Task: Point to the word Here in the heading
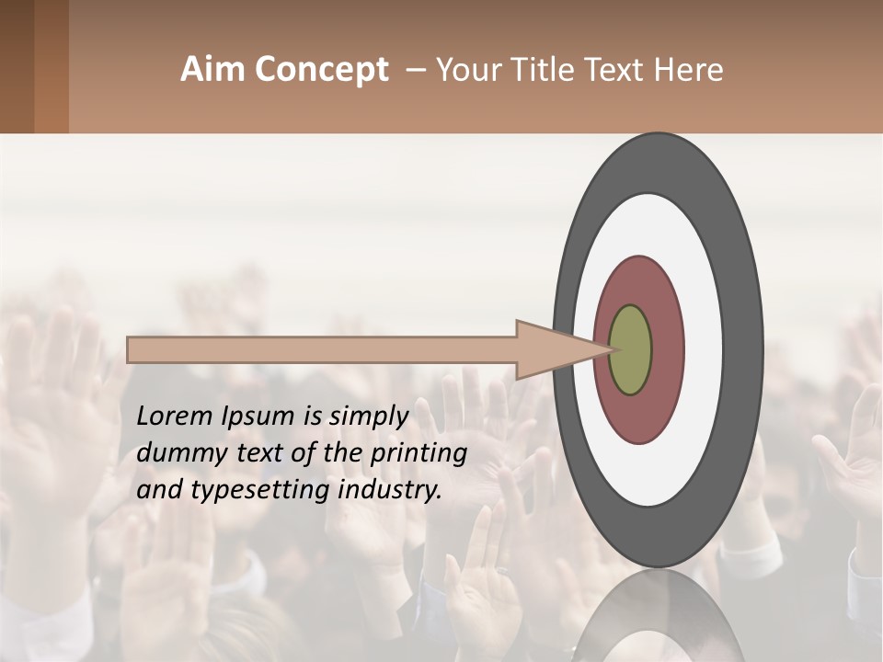(x=688, y=70)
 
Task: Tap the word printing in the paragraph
(x=419, y=454)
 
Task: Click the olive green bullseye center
(x=631, y=350)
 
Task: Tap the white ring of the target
(x=704, y=349)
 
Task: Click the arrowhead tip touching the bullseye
(x=608, y=349)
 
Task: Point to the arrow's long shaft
(x=322, y=349)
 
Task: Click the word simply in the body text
(x=368, y=417)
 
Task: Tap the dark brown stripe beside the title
(x=17, y=66)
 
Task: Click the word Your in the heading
(x=470, y=70)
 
